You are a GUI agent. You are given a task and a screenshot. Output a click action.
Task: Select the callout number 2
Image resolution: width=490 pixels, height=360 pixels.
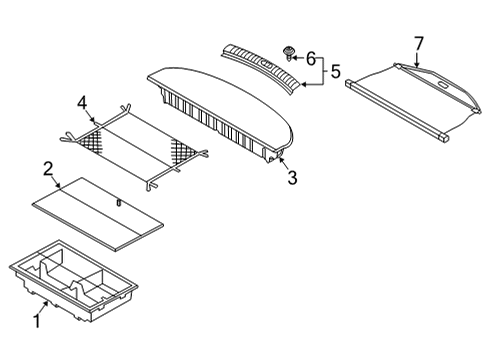pos(48,168)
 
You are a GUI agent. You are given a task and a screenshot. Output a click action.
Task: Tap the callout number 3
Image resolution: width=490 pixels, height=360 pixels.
pos(292,179)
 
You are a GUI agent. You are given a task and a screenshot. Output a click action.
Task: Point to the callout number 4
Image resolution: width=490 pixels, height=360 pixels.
pos(84,101)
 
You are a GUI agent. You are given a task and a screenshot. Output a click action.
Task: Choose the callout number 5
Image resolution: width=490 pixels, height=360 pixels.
pos(336,71)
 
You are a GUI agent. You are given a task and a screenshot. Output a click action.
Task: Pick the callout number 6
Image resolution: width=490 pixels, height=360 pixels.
pos(310,59)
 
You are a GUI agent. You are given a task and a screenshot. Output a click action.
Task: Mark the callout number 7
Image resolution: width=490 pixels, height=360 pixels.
pos(418,42)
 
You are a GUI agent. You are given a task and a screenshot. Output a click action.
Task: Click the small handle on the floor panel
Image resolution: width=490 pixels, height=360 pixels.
pos(117,203)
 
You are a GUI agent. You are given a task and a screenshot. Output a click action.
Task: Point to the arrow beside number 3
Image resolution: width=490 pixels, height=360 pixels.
pos(284,165)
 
